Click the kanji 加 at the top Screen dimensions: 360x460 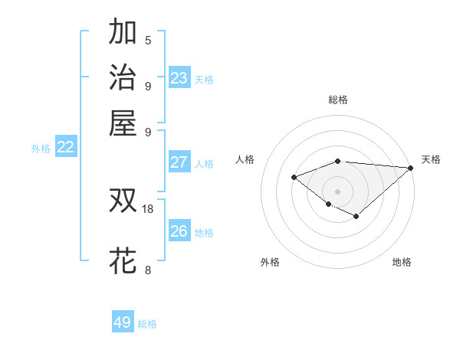coord(123,33)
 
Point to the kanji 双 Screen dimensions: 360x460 coord(123,201)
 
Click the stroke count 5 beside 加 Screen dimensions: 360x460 coord(148,41)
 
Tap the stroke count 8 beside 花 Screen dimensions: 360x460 coord(148,270)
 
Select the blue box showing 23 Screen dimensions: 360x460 coord(179,78)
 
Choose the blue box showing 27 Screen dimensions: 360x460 coord(179,162)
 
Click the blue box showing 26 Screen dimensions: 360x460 coord(179,231)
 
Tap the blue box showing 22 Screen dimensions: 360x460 coord(65,148)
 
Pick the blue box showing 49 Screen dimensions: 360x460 coord(123,322)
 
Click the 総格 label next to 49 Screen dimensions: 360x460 coord(147,324)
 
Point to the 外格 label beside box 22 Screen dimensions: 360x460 coord(41,149)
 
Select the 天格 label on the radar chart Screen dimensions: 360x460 coord(431,159)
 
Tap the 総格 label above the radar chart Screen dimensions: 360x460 coord(338,100)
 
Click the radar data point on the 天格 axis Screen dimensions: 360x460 coord(410,168)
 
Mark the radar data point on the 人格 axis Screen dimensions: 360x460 coord(294,178)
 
